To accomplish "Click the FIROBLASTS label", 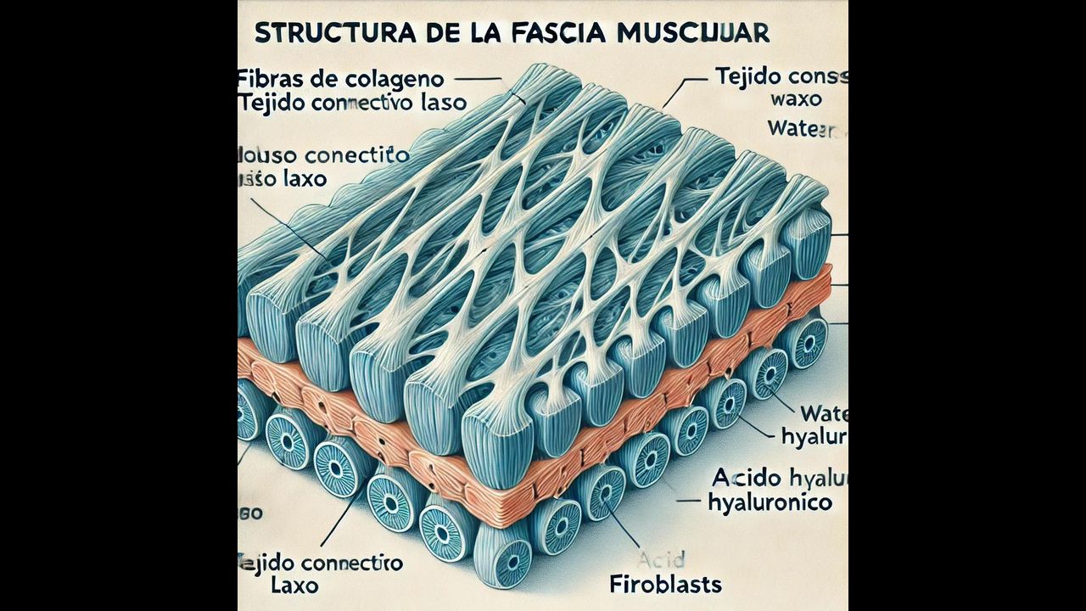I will click(665, 584).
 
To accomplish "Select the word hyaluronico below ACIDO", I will click(769, 502).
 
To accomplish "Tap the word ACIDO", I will click(743, 476).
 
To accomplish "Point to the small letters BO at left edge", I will click(251, 513).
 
